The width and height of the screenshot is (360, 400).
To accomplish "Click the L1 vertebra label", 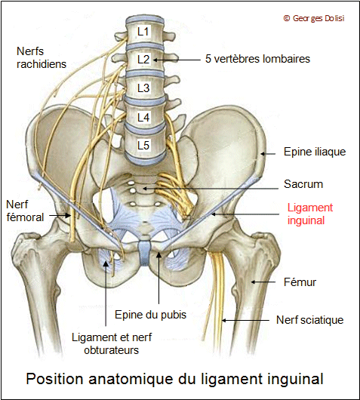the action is click(143, 32).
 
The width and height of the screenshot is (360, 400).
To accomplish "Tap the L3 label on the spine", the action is click(143, 88).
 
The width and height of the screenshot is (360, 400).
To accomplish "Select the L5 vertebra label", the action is click(143, 146).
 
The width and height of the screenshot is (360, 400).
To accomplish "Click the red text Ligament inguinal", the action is click(310, 214).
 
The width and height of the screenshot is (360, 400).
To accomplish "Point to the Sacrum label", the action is click(303, 184).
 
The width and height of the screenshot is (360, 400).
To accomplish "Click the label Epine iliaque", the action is click(315, 152).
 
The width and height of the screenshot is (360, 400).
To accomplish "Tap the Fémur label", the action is click(300, 282).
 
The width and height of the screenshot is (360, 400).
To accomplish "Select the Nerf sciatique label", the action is click(309, 320).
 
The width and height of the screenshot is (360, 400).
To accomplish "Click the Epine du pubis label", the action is click(150, 315).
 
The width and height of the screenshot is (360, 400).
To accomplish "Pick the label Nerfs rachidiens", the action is click(42, 57).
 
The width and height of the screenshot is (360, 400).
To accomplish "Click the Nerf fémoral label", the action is click(25, 211).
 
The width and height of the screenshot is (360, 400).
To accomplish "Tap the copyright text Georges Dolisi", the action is click(314, 18).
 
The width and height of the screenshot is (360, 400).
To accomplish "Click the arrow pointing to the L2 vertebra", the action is click(177, 60).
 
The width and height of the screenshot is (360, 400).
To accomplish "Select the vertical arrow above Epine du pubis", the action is click(158, 278).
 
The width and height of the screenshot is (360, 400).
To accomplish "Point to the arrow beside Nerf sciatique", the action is click(245, 320).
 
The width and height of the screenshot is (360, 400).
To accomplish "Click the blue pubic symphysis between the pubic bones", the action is click(144, 253).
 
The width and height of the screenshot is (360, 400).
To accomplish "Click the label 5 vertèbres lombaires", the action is click(257, 59).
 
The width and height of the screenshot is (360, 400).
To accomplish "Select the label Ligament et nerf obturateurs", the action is click(112, 343).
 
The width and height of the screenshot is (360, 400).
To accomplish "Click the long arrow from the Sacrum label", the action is click(211, 189).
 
